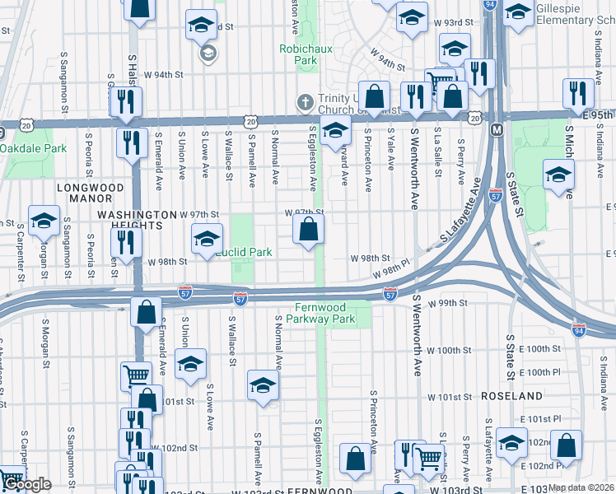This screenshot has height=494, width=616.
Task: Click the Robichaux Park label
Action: pos(297,54)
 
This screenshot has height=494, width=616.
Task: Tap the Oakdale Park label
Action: pos(33,149)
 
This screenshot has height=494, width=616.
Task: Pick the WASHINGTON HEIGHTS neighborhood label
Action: pos(137,214)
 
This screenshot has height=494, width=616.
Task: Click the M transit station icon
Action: pos(497,130)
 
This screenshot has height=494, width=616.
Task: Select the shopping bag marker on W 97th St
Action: pos(308,230)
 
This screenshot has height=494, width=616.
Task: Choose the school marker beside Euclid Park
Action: pos(207,240)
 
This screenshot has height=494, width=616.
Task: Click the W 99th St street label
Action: pos(448,303)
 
